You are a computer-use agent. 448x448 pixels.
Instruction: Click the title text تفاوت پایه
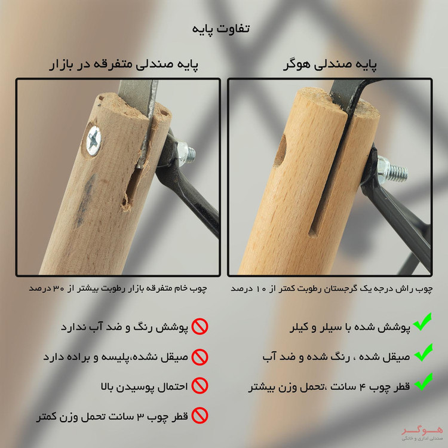[x=221, y=29]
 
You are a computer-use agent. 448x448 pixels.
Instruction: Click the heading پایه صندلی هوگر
[x=330, y=65]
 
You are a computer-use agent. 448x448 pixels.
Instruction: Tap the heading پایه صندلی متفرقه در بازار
[x=124, y=65]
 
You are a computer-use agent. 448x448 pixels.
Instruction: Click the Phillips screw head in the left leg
[x=94, y=140]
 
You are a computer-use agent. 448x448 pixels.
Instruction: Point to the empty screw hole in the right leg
[x=281, y=151]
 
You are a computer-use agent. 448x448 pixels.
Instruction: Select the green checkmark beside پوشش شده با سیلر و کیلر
[x=422, y=323]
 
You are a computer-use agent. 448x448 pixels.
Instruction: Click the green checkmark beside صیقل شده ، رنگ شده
[x=423, y=352]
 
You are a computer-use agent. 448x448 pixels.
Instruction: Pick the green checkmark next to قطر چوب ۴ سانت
[x=423, y=382]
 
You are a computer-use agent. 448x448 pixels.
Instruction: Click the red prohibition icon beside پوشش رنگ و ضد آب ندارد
[x=200, y=327]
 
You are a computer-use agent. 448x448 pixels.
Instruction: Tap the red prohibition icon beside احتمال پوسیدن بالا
[x=200, y=386]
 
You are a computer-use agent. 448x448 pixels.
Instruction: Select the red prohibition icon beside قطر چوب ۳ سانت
[x=200, y=416]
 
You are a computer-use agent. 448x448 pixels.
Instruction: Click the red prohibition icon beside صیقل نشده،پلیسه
[x=200, y=357]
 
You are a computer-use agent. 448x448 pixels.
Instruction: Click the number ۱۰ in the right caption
[x=261, y=289]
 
